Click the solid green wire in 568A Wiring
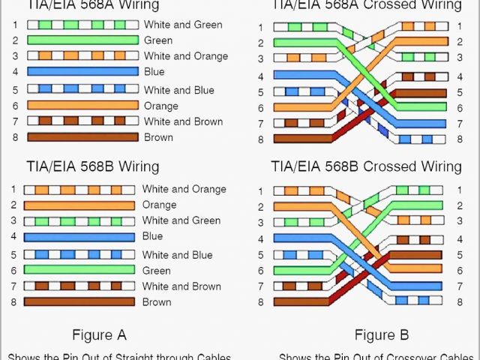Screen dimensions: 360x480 tap(83, 40)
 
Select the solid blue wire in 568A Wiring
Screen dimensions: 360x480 tap(83, 72)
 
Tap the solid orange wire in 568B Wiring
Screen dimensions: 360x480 tap(79, 205)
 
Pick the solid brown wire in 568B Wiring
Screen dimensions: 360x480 tap(79, 302)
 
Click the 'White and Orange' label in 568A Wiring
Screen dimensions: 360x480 tap(186, 56)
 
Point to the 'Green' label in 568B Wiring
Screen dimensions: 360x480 tap(157, 270)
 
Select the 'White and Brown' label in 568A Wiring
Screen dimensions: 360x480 tap(183, 121)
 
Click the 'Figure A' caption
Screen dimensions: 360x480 tap(99, 334)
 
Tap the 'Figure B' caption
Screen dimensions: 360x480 tap(382, 334)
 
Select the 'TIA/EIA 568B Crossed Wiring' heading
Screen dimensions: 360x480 tap(367, 166)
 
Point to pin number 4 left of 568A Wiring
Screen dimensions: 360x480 tap(14, 72)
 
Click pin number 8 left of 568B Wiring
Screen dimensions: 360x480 tap(13, 302)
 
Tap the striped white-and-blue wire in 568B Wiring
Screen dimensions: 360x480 tap(79, 254)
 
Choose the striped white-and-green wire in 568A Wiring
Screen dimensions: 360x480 tap(83, 25)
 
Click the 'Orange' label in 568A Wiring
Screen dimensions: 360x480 tap(160, 106)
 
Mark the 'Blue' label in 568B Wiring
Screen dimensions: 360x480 tap(153, 236)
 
